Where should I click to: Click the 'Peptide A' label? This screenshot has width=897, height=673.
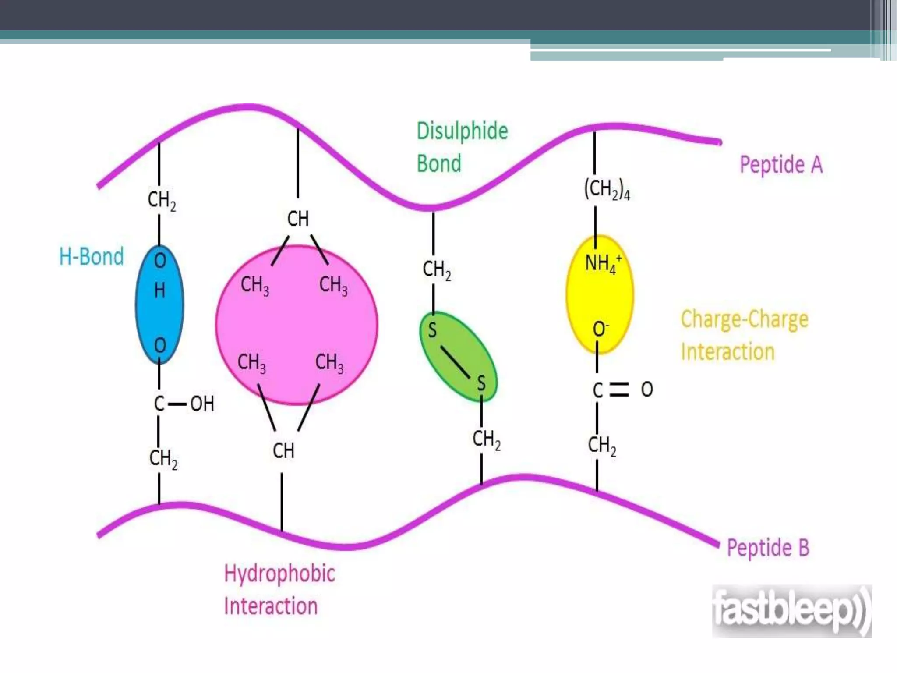(x=781, y=165)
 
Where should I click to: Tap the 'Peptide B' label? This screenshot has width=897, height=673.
(x=768, y=548)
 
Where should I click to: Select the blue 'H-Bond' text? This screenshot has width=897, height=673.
(x=92, y=256)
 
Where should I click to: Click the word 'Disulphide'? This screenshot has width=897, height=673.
(x=462, y=131)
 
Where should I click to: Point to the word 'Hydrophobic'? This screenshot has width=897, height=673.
(x=279, y=574)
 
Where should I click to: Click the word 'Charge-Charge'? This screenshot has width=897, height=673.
(x=744, y=319)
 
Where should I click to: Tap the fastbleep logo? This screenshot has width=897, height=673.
(x=791, y=611)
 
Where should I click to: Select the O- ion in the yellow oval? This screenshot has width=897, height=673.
(x=600, y=329)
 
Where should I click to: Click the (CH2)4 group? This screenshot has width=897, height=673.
(x=607, y=190)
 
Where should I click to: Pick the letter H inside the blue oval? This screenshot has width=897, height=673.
(x=160, y=290)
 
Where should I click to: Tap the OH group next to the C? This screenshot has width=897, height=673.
(x=202, y=404)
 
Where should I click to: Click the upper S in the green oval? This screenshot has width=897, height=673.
(x=432, y=330)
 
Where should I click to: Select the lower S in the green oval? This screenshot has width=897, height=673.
(x=481, y=383)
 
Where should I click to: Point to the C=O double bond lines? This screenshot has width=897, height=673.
(x=619, y=390)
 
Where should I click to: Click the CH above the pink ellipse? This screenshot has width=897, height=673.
(x=298, y=219)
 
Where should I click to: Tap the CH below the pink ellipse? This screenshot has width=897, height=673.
(x=283, y=450)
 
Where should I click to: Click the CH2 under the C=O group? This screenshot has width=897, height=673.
(x=602, y=446)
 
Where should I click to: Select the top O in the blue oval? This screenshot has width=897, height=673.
(x=160, y=261)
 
